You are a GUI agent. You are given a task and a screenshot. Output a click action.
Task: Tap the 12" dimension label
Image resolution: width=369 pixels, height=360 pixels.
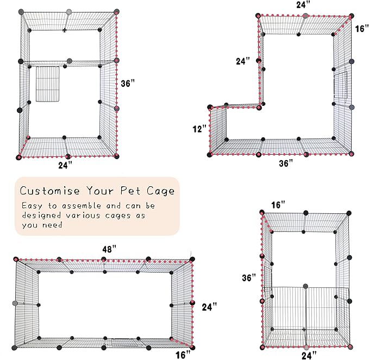point(199,129)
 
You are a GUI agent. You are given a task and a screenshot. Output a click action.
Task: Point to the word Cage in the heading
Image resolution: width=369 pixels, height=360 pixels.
point(161,191)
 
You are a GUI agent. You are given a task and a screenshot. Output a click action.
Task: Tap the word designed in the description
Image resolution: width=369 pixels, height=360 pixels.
point(42,216)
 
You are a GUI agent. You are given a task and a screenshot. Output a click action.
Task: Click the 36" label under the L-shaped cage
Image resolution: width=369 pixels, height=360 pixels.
point(286,162)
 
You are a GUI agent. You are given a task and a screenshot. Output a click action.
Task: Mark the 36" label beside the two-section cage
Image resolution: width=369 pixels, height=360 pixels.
point(127,84)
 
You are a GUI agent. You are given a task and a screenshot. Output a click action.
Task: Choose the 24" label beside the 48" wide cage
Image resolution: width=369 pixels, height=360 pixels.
point(209,306)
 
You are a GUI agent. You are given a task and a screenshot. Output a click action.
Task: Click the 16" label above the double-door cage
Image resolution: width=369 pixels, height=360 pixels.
point(278,205)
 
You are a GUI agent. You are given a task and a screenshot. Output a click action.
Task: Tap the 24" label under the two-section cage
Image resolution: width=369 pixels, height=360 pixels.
point(65,165)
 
